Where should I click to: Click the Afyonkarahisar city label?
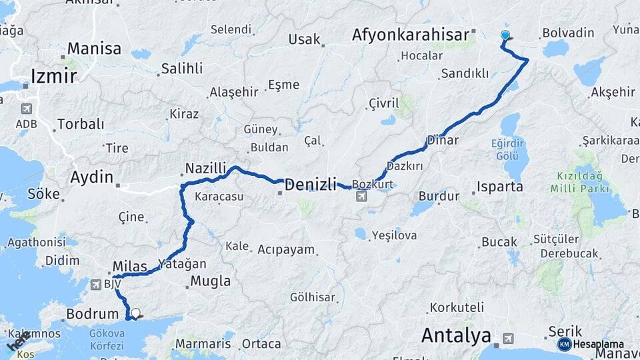tap(410, 34)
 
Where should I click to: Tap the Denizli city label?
tap(311, 185)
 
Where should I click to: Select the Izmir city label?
tap(53, 75)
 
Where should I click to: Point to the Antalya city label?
tap(456, 335)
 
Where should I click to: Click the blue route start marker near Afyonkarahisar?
tap(505, 35)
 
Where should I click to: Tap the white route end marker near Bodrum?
tap(135, 313)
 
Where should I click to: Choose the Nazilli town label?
tap(206, 168)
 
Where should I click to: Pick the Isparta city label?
tap(499, 187)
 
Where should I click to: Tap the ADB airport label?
tap(27, 124)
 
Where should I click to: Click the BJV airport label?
tap(112, 284)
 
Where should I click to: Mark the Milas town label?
tap(129, 267)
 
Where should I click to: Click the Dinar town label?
tap(444, 141)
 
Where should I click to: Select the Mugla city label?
tap(210, 281)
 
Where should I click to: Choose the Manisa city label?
tap(94, 49)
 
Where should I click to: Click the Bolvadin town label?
tap(568, 32)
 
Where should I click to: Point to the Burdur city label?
tap(439, 196)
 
